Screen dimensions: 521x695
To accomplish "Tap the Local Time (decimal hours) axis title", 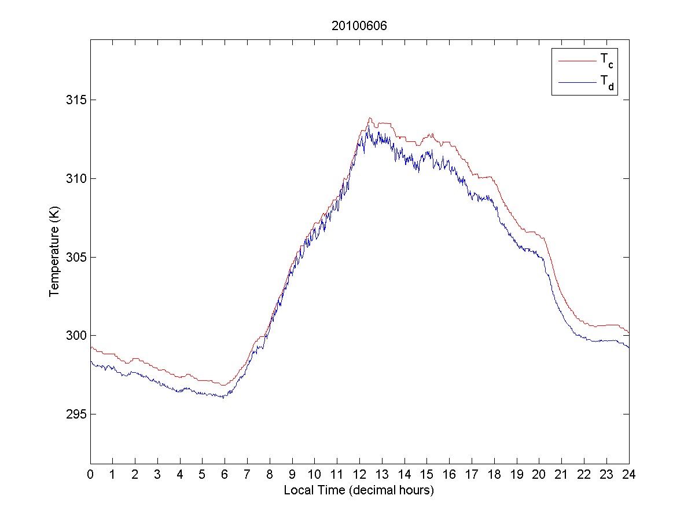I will click(359, 490).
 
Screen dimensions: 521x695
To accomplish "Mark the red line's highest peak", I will click(369, 118).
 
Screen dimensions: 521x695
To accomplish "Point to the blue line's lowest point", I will click(223, 398).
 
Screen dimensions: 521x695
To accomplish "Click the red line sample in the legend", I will click(576, 60).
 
